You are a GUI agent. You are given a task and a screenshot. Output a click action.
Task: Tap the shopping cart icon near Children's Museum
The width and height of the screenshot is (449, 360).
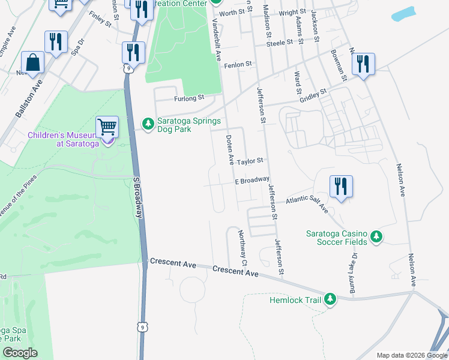(107, 127)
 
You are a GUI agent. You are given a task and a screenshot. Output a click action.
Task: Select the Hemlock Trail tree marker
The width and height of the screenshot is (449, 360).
(330, 299)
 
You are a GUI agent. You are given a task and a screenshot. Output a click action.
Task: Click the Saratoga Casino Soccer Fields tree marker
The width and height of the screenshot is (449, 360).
(376, 236)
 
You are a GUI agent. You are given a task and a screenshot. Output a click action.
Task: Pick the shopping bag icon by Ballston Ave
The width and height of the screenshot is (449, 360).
(32, 62)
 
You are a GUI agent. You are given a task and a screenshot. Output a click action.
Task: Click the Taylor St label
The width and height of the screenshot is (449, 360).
(250, 161)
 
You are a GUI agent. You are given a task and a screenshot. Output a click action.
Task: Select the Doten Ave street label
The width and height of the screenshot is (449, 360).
(229, 151)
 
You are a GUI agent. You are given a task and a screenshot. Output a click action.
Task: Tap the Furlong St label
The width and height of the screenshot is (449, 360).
(189, 97)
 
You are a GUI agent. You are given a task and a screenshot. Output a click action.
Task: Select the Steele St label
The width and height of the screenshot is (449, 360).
(279, 43)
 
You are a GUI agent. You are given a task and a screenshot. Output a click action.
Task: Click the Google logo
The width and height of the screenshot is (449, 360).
(20, 353)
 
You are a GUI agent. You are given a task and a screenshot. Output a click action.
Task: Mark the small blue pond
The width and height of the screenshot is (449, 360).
(404, 14)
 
